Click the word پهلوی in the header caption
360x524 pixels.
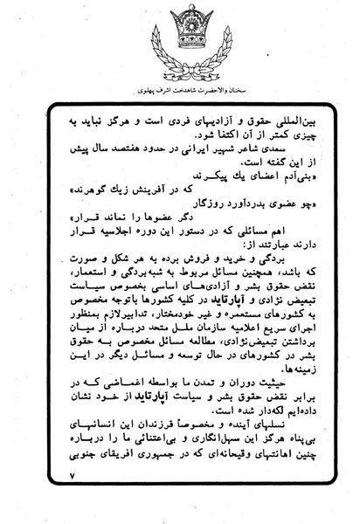[x=143, y=89]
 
